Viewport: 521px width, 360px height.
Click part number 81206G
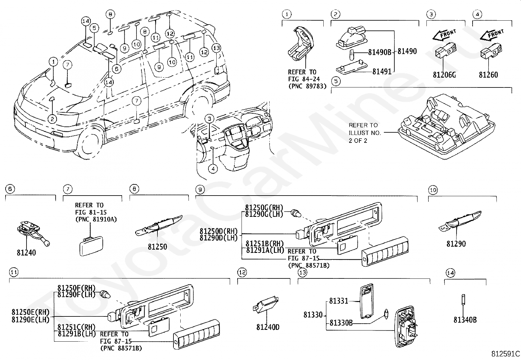pos(444,75)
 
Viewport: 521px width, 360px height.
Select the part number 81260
pos(488,75)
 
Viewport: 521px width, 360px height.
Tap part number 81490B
pos(380,52)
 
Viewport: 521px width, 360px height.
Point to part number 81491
pos(382,71)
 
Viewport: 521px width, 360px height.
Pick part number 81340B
pos(465,320)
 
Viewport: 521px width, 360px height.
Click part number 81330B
pos(341,323)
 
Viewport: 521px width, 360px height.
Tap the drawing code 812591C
pos(505,354)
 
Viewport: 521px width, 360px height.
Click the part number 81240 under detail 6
pos(27,253)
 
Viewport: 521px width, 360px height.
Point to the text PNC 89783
pos(307,86)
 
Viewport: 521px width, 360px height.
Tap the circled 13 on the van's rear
pos(216,48)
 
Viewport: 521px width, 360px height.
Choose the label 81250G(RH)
pos(264,208)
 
